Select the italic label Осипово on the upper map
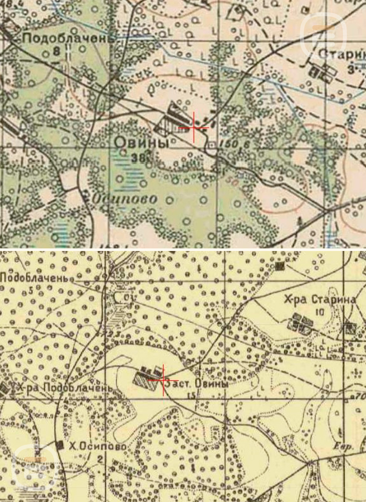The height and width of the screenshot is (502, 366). (x=124, y=199)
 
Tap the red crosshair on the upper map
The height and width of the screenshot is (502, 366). (x=194, y=128)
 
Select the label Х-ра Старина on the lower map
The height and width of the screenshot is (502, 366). (x=320, y=300)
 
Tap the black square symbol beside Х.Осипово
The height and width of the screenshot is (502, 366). (x=60, y=444)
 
